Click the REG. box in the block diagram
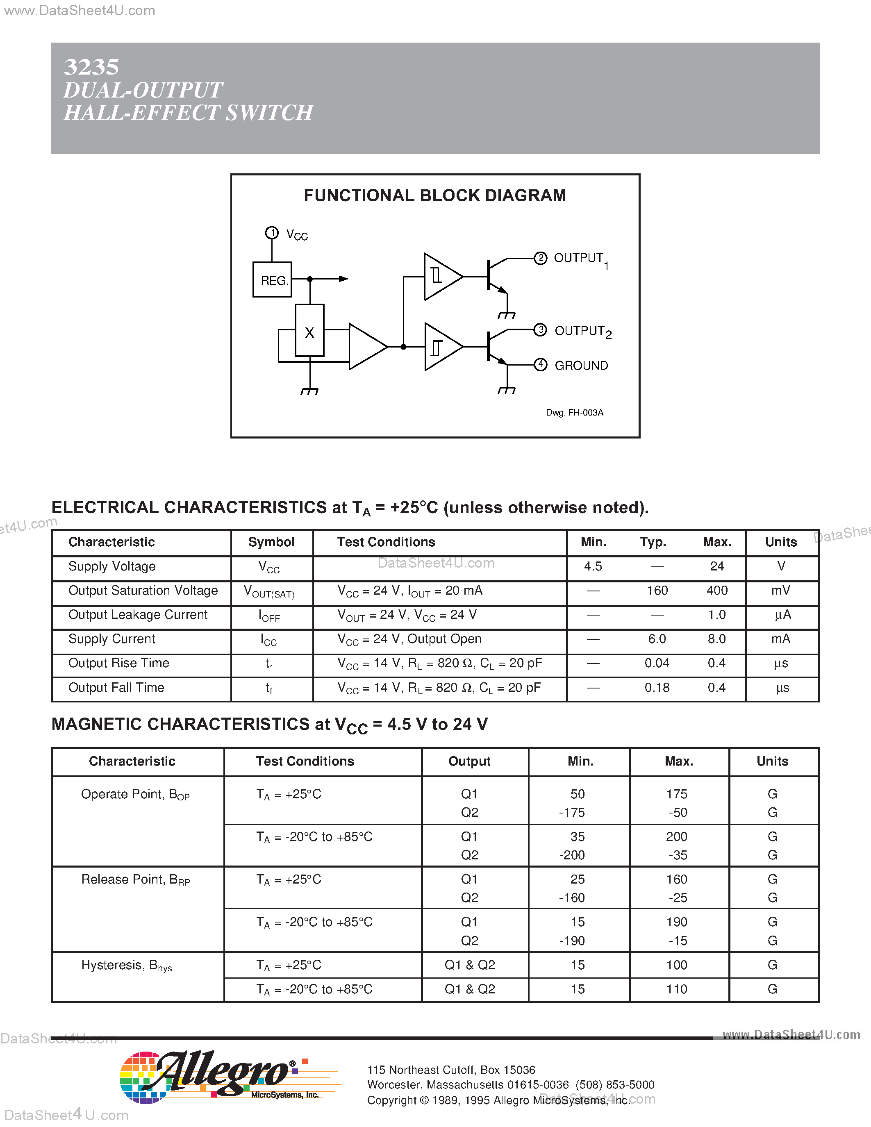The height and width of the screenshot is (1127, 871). point(272,279)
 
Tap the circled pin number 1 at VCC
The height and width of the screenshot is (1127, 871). point(272,233)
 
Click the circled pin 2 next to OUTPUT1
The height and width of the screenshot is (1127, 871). point(540,258)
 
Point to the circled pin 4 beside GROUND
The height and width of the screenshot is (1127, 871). point(540,365)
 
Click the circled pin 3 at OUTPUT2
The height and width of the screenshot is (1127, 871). point(540,330)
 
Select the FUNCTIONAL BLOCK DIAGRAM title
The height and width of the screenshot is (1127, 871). point(434,195)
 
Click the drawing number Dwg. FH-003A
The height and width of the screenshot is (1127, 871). point(574,412)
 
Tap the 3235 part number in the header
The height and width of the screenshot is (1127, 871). point(91,67)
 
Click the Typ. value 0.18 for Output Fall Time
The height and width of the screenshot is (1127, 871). point(657,687)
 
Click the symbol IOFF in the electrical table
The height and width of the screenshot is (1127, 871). point(269,616)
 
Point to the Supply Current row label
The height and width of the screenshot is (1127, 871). point(111,639)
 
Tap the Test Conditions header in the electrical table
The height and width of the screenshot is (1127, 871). point(386,542)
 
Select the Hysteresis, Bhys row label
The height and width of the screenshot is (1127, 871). point(126,966)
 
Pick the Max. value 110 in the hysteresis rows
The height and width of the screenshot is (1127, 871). point(676,989)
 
